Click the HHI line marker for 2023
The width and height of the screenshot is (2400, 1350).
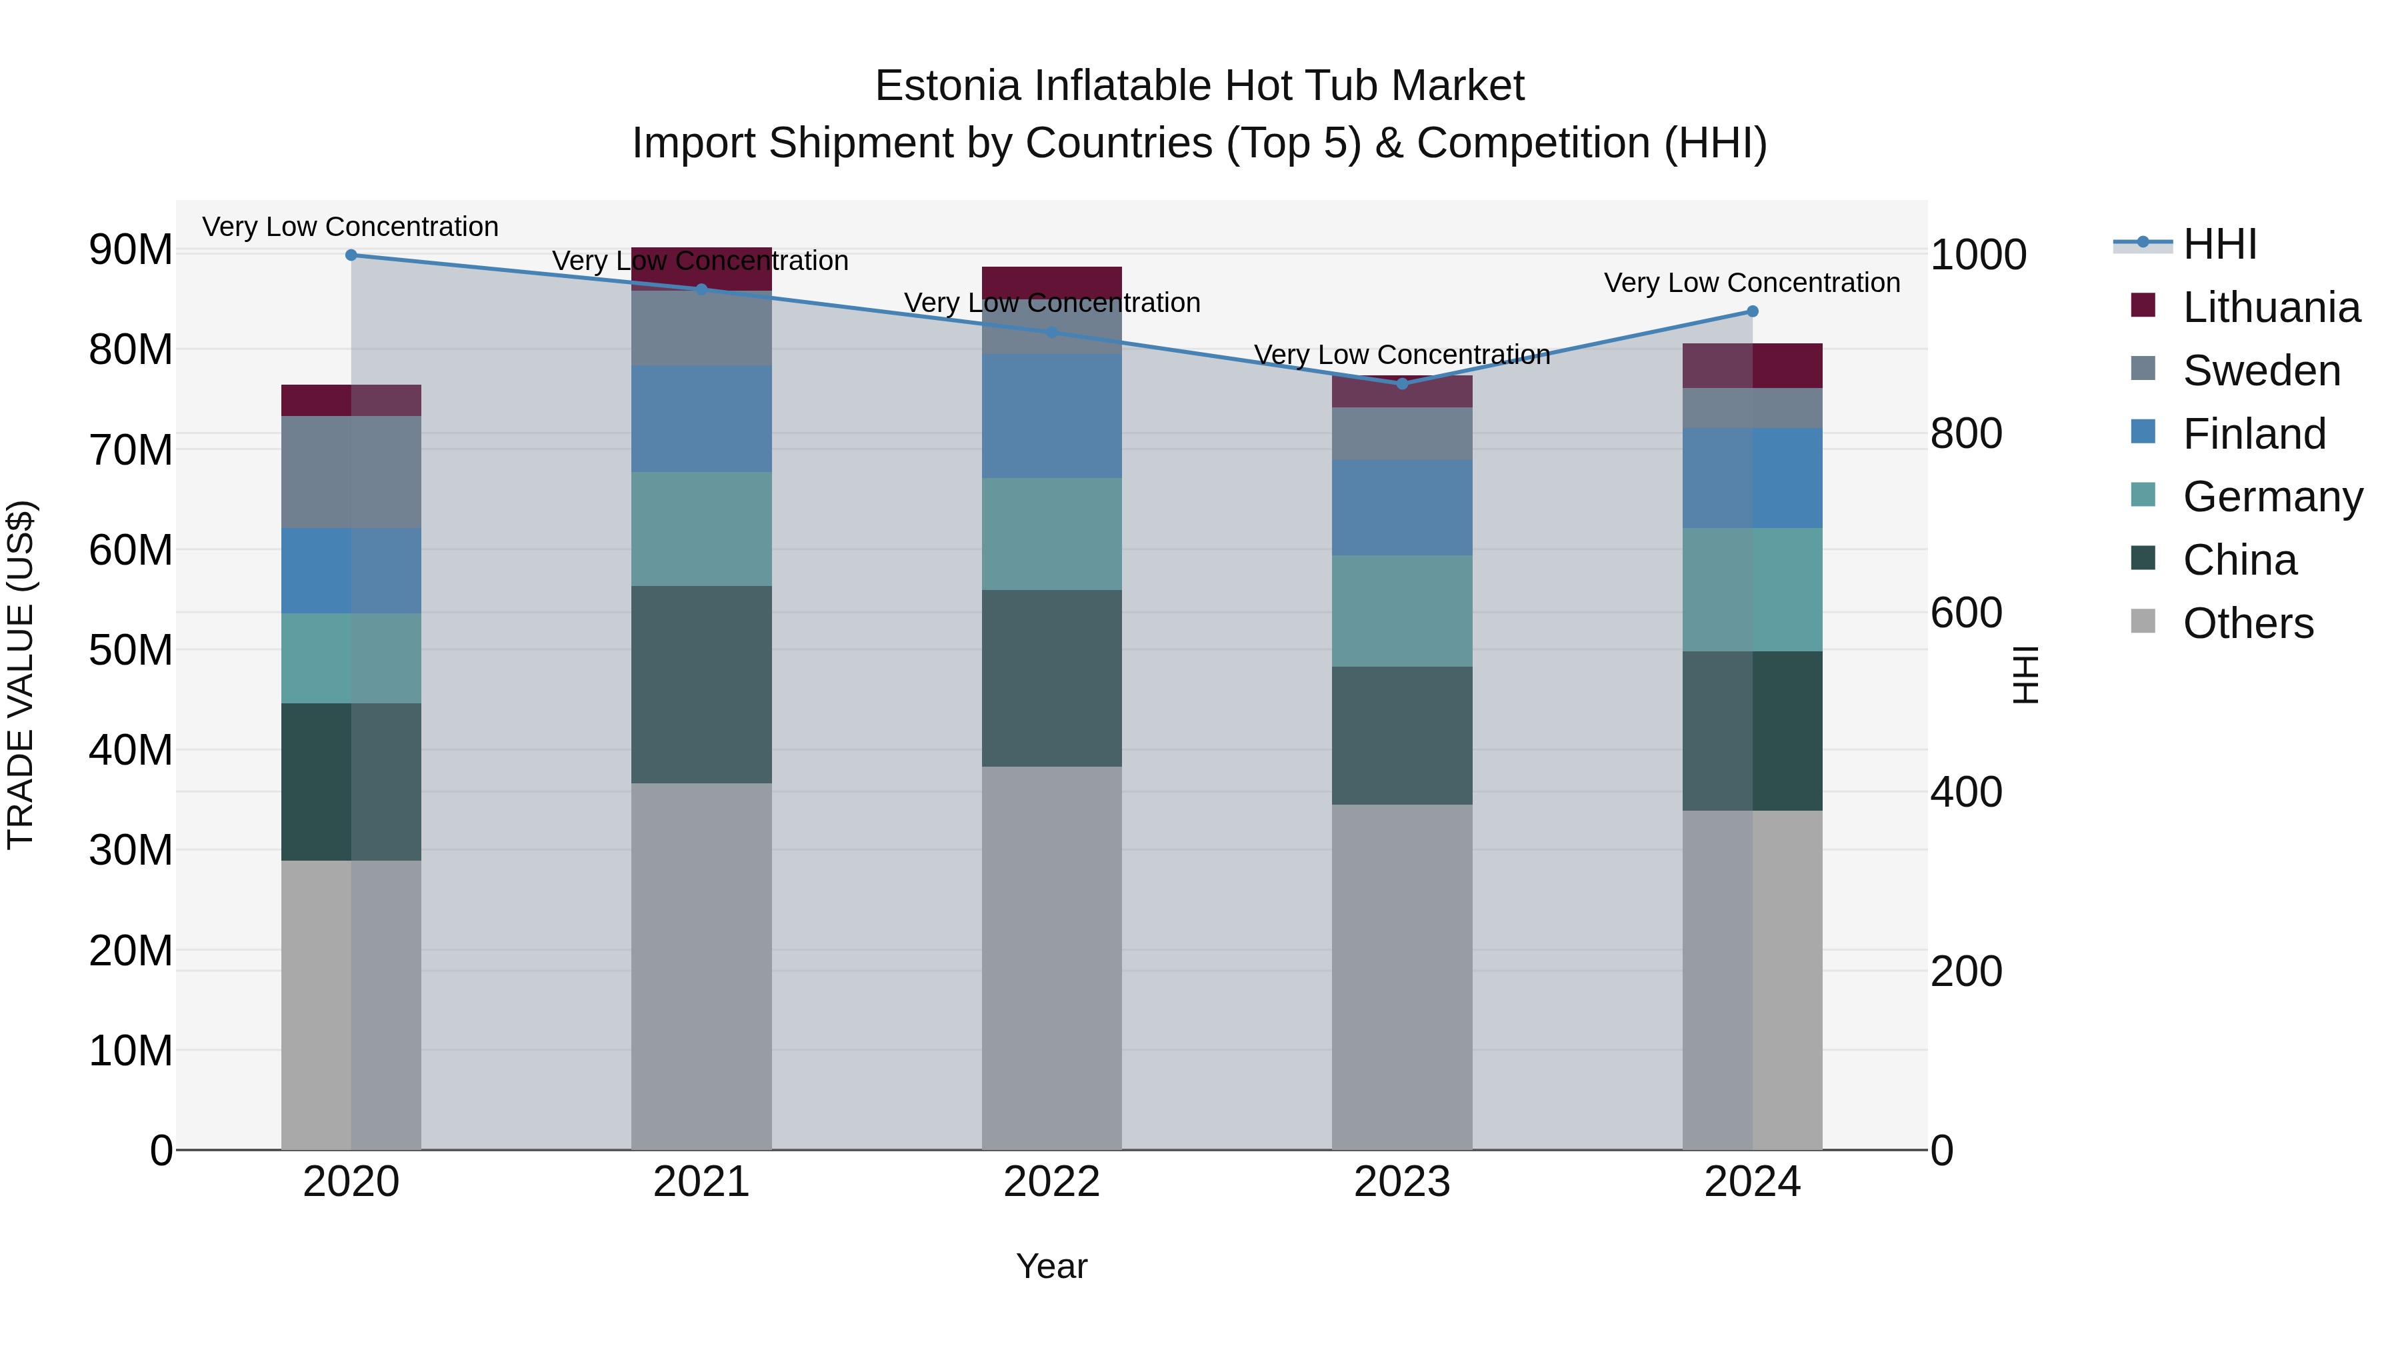1402,384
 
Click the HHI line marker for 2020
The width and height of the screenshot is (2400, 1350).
351,255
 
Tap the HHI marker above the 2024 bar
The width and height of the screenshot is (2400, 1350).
1753,311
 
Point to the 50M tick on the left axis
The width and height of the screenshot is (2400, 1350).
131,650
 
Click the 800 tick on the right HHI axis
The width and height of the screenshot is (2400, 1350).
1966,434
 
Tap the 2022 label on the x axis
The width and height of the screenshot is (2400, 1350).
1052,1182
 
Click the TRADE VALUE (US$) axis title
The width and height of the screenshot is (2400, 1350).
21,675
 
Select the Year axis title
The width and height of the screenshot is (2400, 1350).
1052,1266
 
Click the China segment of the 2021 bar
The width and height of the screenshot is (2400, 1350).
701,684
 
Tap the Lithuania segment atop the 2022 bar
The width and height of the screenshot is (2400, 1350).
1052,281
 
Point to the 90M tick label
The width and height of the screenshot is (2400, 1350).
131,250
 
